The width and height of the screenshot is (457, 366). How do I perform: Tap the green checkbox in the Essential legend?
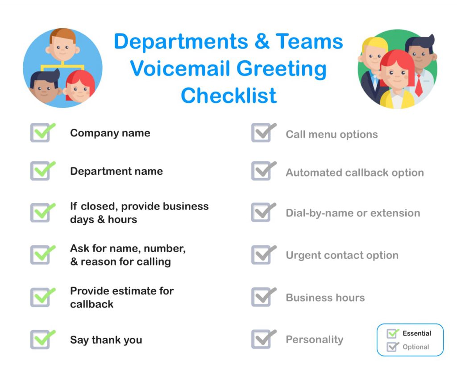pyautogui.click(x=392, y=333)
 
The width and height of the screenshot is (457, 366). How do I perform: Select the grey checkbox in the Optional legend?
pyautogui.click(x=392, y=347)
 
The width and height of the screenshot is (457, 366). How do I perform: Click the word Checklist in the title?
pyautogui.click(x=229, y=96)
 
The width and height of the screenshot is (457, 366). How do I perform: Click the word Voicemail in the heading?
pyautogui.click(x=181, y=68)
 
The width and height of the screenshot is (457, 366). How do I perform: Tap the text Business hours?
pyautogui.click(x=325, y=298)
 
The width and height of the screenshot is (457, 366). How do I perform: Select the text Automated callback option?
pyautogui.click(x=355, y=173)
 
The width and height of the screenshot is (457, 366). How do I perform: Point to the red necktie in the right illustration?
pyautogui.click(x=419, y=85)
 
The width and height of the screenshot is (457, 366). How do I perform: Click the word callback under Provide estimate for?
pyautogui.click(x=91, y=304)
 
